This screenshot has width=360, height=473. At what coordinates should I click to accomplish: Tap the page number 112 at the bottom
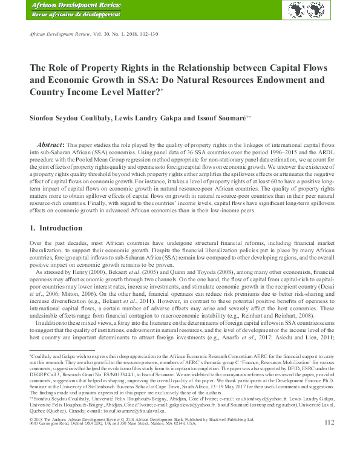(329, 456)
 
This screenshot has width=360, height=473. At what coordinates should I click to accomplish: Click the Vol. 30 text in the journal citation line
(99, 36)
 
